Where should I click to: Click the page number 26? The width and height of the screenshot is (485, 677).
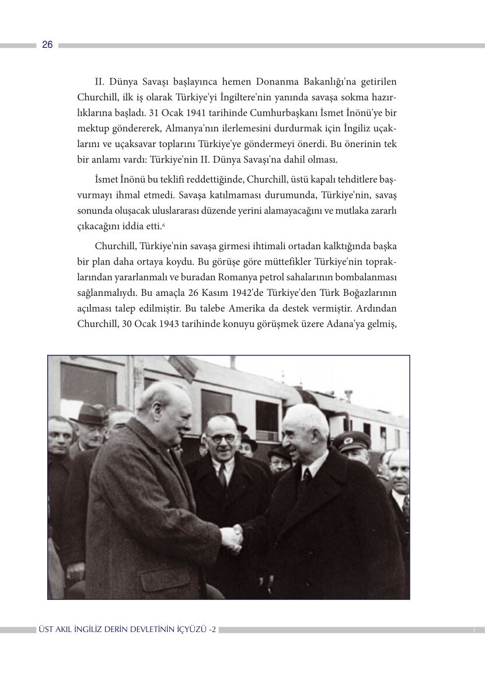(47, 45)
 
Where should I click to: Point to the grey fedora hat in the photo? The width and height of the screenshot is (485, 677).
(88, 414)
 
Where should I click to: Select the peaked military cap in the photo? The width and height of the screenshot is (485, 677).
(352, 441)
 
